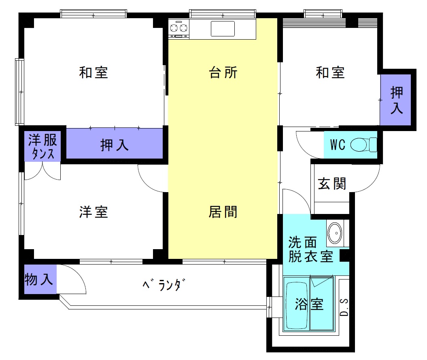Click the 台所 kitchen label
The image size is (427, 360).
click(x=223, y=73)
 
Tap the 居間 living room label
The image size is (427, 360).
click(x=223, y=212)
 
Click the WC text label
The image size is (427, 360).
click(x=338, y=145)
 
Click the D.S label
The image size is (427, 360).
click(x=344, y=308)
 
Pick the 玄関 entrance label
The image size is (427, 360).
click(x=332, y=184)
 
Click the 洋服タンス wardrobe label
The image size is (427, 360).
click(x=42, y=146)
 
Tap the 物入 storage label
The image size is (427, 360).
click(x=39, y=280)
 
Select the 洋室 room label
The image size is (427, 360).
click(x=93, y=212)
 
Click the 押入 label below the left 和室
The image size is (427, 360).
click(x=115, y=145)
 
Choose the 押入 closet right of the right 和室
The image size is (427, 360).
click(x=396, y=100)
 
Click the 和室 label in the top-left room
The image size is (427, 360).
click(x=93, y=73)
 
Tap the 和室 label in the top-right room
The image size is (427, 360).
click(x=330, y=73)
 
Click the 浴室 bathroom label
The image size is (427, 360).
click(x=310, y=304)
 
